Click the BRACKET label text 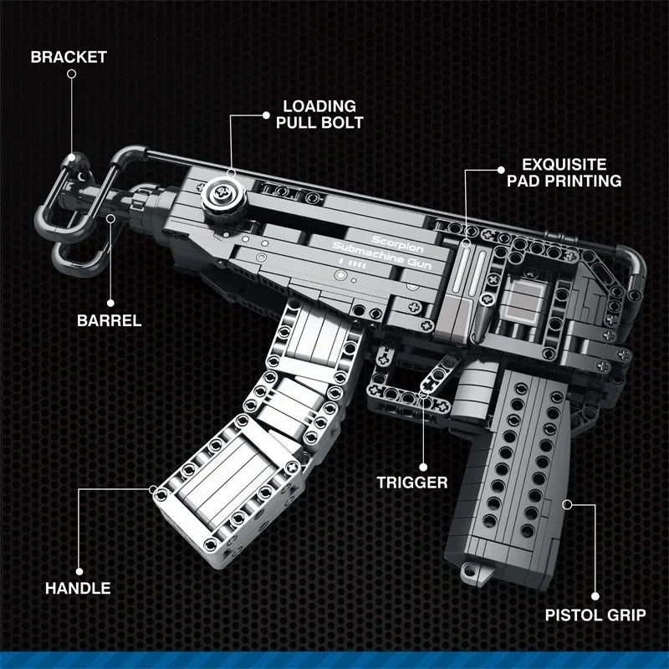[x=69, y=57]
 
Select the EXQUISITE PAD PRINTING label [x=570, y=172]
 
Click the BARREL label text [x=109, y=320]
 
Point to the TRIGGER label [x=411, y=482]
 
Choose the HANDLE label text [x=78, y=588]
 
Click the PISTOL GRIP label [x=595, y=615]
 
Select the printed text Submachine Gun [x=379, y=253]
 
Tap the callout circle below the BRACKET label [x=71, y=74]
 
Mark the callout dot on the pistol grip [x=567, y=503]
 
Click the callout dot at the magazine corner [x=153, y=490]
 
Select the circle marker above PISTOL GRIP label [x=595, y=596]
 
